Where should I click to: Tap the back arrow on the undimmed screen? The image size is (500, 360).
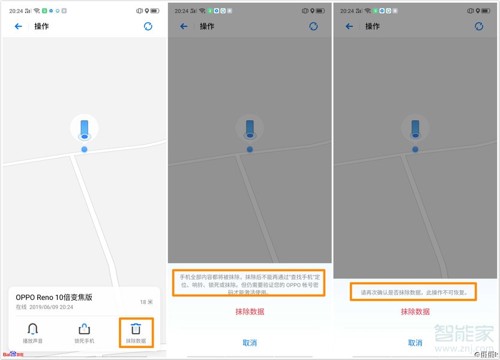pyautogui.click(x=18, y=26)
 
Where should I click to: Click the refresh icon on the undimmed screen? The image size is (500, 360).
pyautogui.click(x=148, y=26)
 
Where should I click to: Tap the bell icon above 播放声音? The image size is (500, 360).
pyautogui.click(x=33, y=329)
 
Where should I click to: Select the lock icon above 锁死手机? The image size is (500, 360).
pyautogui.click(x=84, y=329)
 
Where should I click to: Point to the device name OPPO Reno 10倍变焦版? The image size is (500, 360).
pyautogui.click(x=54, y=298)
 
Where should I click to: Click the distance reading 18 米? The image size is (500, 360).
pyautogui.click(x=146, y=302)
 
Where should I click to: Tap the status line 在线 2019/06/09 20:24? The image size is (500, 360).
pyautogui.click(x=44, y=307)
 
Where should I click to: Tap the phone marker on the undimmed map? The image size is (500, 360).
pyautogui.click(x=84, y=128)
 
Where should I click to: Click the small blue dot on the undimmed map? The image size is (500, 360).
pyautogui.click(x=84, y=149)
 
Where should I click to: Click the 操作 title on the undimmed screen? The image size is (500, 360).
pyautogui.click(x=41, y=26)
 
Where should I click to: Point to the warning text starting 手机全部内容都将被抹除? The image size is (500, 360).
pyautogui.click(x=249, y=281)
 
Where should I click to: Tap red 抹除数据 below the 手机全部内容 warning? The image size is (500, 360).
pyautogui.click(x=249, y=311)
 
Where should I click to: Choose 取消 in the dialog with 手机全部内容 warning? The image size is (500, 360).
pyautogui.click(x=249, y=343)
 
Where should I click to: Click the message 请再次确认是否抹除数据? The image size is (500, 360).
pyautogui.click(x=414, y=293)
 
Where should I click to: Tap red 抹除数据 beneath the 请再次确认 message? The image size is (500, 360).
pyautogui.click(x=415, y=311)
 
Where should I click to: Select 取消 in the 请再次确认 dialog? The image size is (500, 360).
pyautogui.click(x=415, y=343)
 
